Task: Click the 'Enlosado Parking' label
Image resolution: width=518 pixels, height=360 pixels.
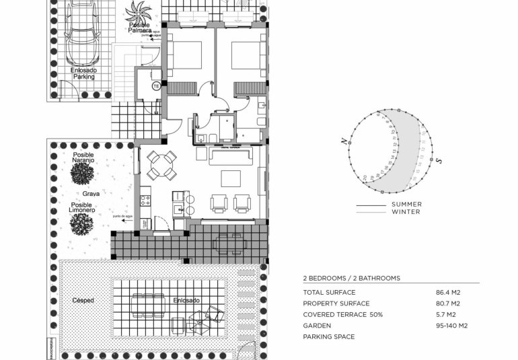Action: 83,73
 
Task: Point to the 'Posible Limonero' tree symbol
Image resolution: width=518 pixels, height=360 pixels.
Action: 81,224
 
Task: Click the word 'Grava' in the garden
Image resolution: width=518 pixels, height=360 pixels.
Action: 83,193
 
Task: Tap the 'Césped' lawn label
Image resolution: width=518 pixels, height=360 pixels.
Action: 83,300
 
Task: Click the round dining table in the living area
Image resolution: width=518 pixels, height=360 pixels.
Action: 161,166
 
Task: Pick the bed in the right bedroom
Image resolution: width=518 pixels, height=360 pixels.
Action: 248,55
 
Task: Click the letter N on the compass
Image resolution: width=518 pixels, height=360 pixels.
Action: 343,141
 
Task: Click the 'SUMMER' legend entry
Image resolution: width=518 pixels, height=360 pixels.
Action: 406,205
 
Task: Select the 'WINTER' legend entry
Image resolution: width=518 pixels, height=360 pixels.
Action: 406,212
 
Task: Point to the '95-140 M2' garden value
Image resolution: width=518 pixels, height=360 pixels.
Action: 452,326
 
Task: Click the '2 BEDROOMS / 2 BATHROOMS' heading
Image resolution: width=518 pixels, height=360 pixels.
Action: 351,278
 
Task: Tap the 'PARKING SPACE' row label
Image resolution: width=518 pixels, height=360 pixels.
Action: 328,336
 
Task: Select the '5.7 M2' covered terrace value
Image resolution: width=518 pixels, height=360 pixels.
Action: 446,315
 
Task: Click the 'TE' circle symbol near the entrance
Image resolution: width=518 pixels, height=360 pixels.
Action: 156,86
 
